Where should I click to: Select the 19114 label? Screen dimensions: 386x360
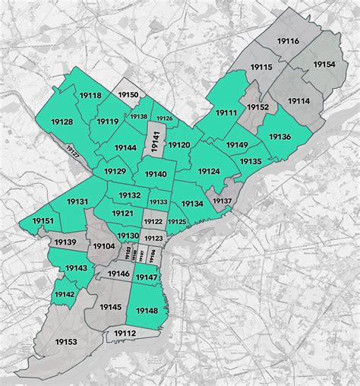(x=298, y=101)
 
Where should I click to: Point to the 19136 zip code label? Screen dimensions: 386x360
(x=279, y=137)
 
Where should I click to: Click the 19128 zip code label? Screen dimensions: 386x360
(x=62, y=122)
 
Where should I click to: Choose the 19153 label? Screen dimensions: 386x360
(x=65, y=342)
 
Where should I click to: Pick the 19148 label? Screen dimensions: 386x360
(x=146, y=310)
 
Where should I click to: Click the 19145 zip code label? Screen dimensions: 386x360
(x=110, y=306)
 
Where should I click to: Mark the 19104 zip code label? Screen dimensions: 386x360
(x=103, y=246)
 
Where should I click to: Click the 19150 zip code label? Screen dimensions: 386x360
(x=128, y=95)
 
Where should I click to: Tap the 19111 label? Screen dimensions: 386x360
(x=226, y=112)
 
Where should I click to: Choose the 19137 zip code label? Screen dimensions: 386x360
(x=222, y=201)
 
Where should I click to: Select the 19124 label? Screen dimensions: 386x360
(x=208, y=172)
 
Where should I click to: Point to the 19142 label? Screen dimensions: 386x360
(x=65, y=294)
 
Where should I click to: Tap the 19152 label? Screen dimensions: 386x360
(x=257, y=107)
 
